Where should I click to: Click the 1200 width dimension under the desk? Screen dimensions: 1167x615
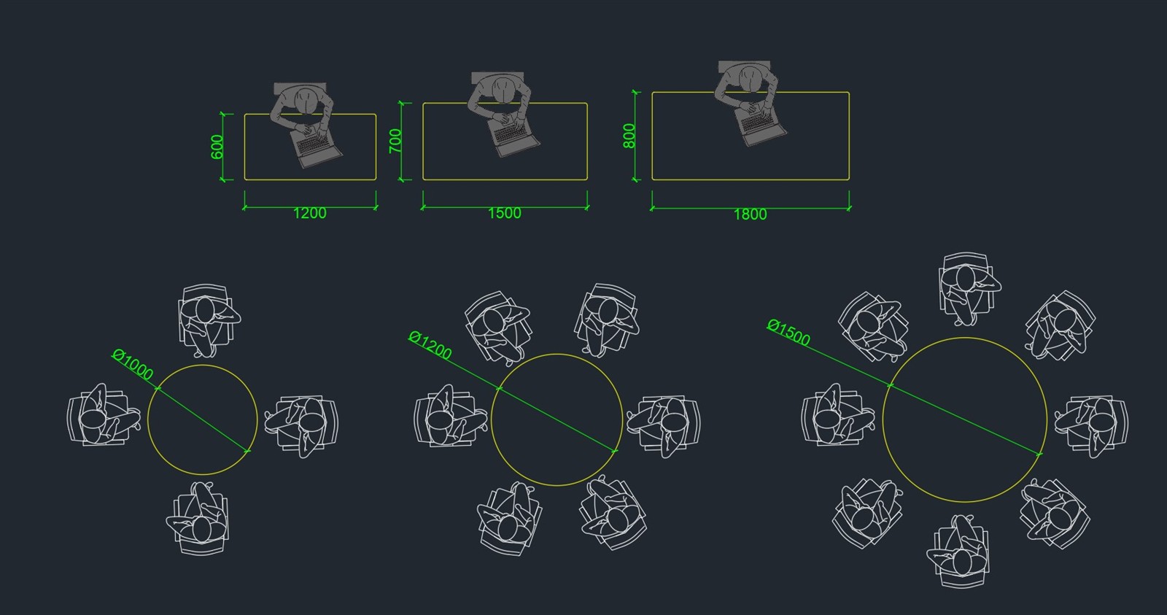(x=310, y=213)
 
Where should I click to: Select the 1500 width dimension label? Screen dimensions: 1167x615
(x=504, y=213)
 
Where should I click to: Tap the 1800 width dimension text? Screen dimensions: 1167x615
(x=751, y=214)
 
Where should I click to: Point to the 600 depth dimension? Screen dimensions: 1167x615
(x=217, y=147)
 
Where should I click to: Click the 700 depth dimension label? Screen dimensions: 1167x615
(x=395, y=141)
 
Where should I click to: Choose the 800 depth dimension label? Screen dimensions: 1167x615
(x=629, y=136)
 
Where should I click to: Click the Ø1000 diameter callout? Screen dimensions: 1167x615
(x=133, y=364)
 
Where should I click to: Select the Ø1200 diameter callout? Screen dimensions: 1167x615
(x=430, y=345)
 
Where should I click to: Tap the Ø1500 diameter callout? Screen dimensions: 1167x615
(x=788, y=333)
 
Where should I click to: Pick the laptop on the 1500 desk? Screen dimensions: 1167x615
(x=513, y=135)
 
